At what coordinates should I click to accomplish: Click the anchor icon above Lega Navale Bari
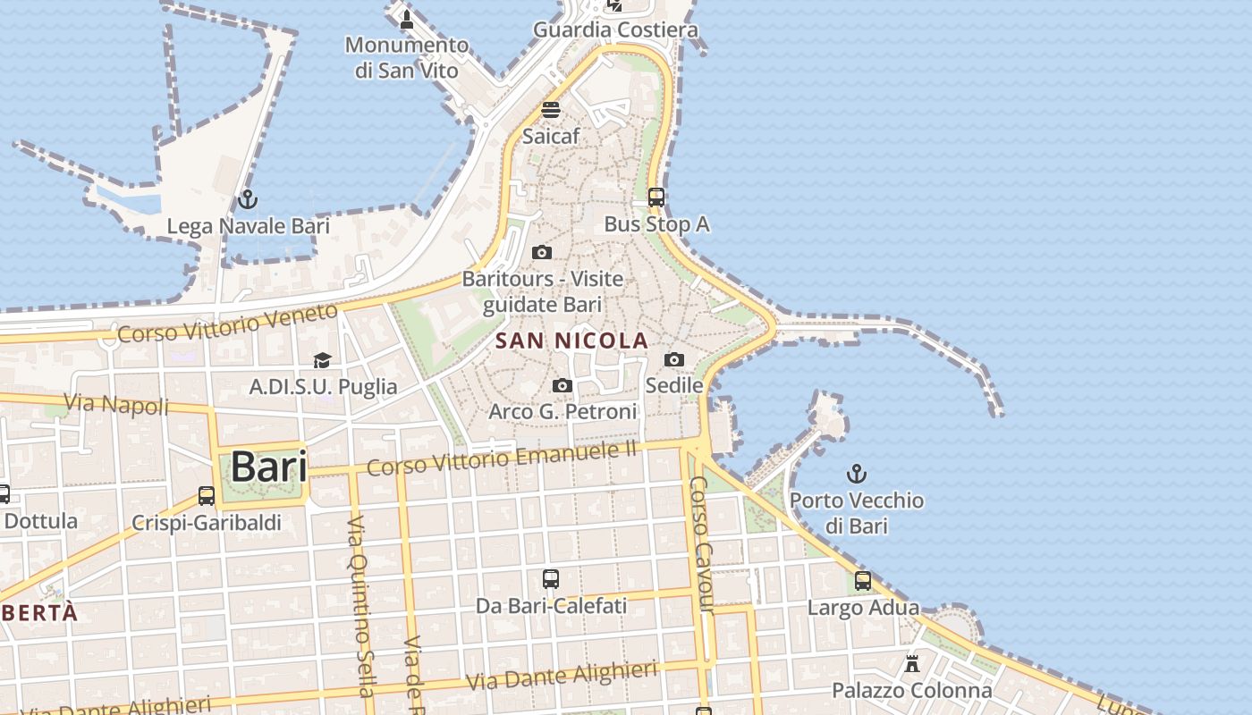(248, 199)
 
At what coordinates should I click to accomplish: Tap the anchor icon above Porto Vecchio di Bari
(857, 474)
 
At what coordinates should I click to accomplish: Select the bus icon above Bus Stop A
(656, 198)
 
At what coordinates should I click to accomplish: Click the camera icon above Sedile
(674, 359)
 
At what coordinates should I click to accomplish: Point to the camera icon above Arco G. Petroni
(563, 385)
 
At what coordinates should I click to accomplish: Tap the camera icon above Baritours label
(542, 252)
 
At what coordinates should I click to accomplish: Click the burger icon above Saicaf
(551, 110)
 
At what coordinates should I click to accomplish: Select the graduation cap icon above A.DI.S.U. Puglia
(322, 360)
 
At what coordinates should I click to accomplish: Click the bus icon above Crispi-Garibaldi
(207, 495)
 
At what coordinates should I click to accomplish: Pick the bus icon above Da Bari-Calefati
(551, 579)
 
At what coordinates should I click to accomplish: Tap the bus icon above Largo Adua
(863, 581)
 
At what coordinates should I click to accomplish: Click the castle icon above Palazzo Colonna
(912, 664)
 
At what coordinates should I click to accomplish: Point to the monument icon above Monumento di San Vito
(407, 19)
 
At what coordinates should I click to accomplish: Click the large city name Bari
(268, 467)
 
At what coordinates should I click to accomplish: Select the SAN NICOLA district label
(571, 341)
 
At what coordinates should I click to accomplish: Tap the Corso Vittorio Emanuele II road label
(502, 458)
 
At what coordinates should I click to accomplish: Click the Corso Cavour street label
(703, 544)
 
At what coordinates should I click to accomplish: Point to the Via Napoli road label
(117, 404)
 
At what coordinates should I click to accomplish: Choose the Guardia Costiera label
(615, 29)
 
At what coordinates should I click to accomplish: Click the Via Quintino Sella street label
(360, 605)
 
